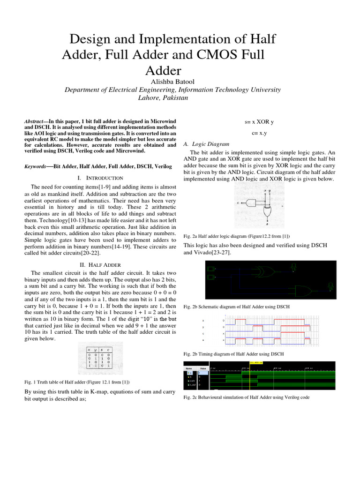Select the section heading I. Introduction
click(x=99, y=178)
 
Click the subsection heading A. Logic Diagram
click(x=206, y=144)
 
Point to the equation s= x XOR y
click(x=259, y=122)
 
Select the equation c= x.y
click(x=259, y=133)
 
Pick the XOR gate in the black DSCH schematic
click(x=258, y=271)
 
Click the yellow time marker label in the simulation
click(x=256, y=363)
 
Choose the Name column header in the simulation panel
click(x=189, y=369)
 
